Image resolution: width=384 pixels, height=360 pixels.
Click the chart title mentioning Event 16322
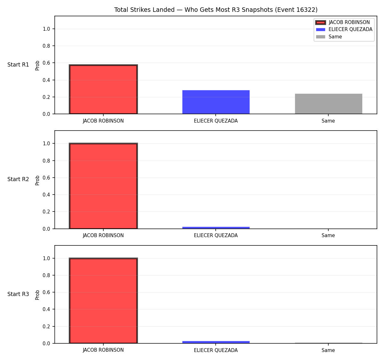click(216, 10)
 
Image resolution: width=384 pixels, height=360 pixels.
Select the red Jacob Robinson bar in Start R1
click(103, 89)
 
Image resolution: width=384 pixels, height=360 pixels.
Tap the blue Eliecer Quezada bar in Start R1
click(216, 102)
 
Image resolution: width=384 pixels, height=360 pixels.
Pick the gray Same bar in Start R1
click(328, 104)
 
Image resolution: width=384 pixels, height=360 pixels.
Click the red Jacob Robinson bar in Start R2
click(103, 186)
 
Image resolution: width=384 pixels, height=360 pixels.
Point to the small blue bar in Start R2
click(216, 228)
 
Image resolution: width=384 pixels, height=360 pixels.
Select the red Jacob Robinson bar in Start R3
click(103, 300)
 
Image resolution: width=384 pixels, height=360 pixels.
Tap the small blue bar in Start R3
click(216, 342)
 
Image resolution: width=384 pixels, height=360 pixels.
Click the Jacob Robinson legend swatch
click(320, 22)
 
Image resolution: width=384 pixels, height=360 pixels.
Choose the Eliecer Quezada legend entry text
click(350, 29)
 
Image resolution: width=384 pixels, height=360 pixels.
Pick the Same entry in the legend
click(335, 37)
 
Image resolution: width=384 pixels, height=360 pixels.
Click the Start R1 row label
click(18, 65)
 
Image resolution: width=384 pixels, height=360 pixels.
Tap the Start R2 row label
click(18, 179)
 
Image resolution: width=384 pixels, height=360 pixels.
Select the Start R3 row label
click(18, 294)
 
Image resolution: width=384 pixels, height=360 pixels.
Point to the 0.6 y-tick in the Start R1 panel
click(46, 63)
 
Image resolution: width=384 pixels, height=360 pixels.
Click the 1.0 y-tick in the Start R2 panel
click(46, 144)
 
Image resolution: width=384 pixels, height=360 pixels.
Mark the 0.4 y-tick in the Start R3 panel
click(46, 309)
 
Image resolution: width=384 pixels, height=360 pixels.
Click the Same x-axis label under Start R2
click(328, 236)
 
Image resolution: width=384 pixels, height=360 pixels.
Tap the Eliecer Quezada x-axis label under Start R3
click(216, 350)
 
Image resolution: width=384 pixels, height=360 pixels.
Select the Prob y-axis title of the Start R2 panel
click(37, 180)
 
